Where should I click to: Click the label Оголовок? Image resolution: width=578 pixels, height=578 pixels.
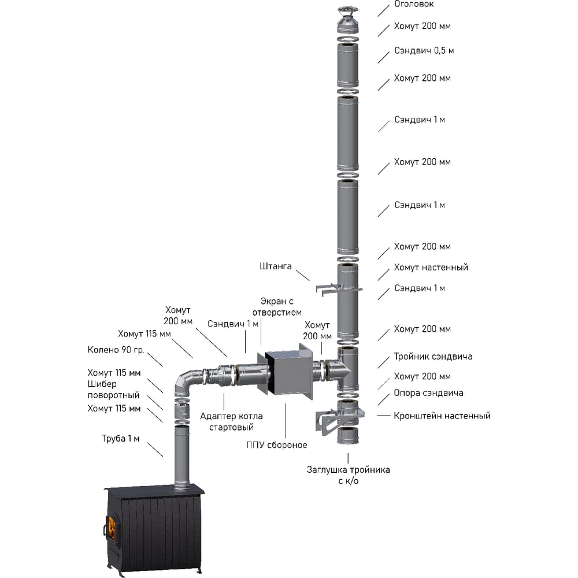[x=414, y=4]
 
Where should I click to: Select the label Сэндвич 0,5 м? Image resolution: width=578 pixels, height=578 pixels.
[x=424, y=51]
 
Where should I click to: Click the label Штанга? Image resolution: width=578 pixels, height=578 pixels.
[x=275, y=266]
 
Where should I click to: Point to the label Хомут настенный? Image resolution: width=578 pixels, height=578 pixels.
[x=431, y=268]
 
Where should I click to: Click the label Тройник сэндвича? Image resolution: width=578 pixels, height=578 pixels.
[x=433, y=357]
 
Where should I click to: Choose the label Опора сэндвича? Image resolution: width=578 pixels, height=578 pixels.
[x=428, y=393]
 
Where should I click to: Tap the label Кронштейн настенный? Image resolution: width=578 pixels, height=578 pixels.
[x=442, y=416]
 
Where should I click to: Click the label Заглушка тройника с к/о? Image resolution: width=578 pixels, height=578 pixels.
[x=348, y=475]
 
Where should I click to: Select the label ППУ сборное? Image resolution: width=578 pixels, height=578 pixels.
[x=276, y=445]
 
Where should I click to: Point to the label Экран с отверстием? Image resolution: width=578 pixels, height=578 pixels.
[x=281, y=307]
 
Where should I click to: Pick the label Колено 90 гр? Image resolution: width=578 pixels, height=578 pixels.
[x=116, y=350]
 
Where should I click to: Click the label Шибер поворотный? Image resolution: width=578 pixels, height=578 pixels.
[x=114, y=390]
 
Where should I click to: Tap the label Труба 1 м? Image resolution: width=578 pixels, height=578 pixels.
[x=121, y=439]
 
